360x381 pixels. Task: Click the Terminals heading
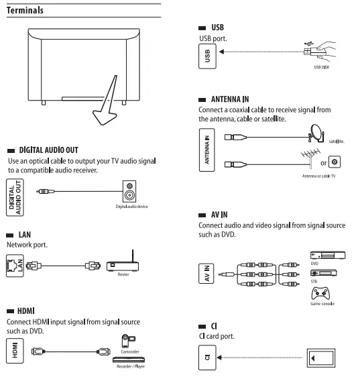(25, 11)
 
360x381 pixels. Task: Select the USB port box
(206, 58)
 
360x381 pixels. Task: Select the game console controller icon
(322, 294)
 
